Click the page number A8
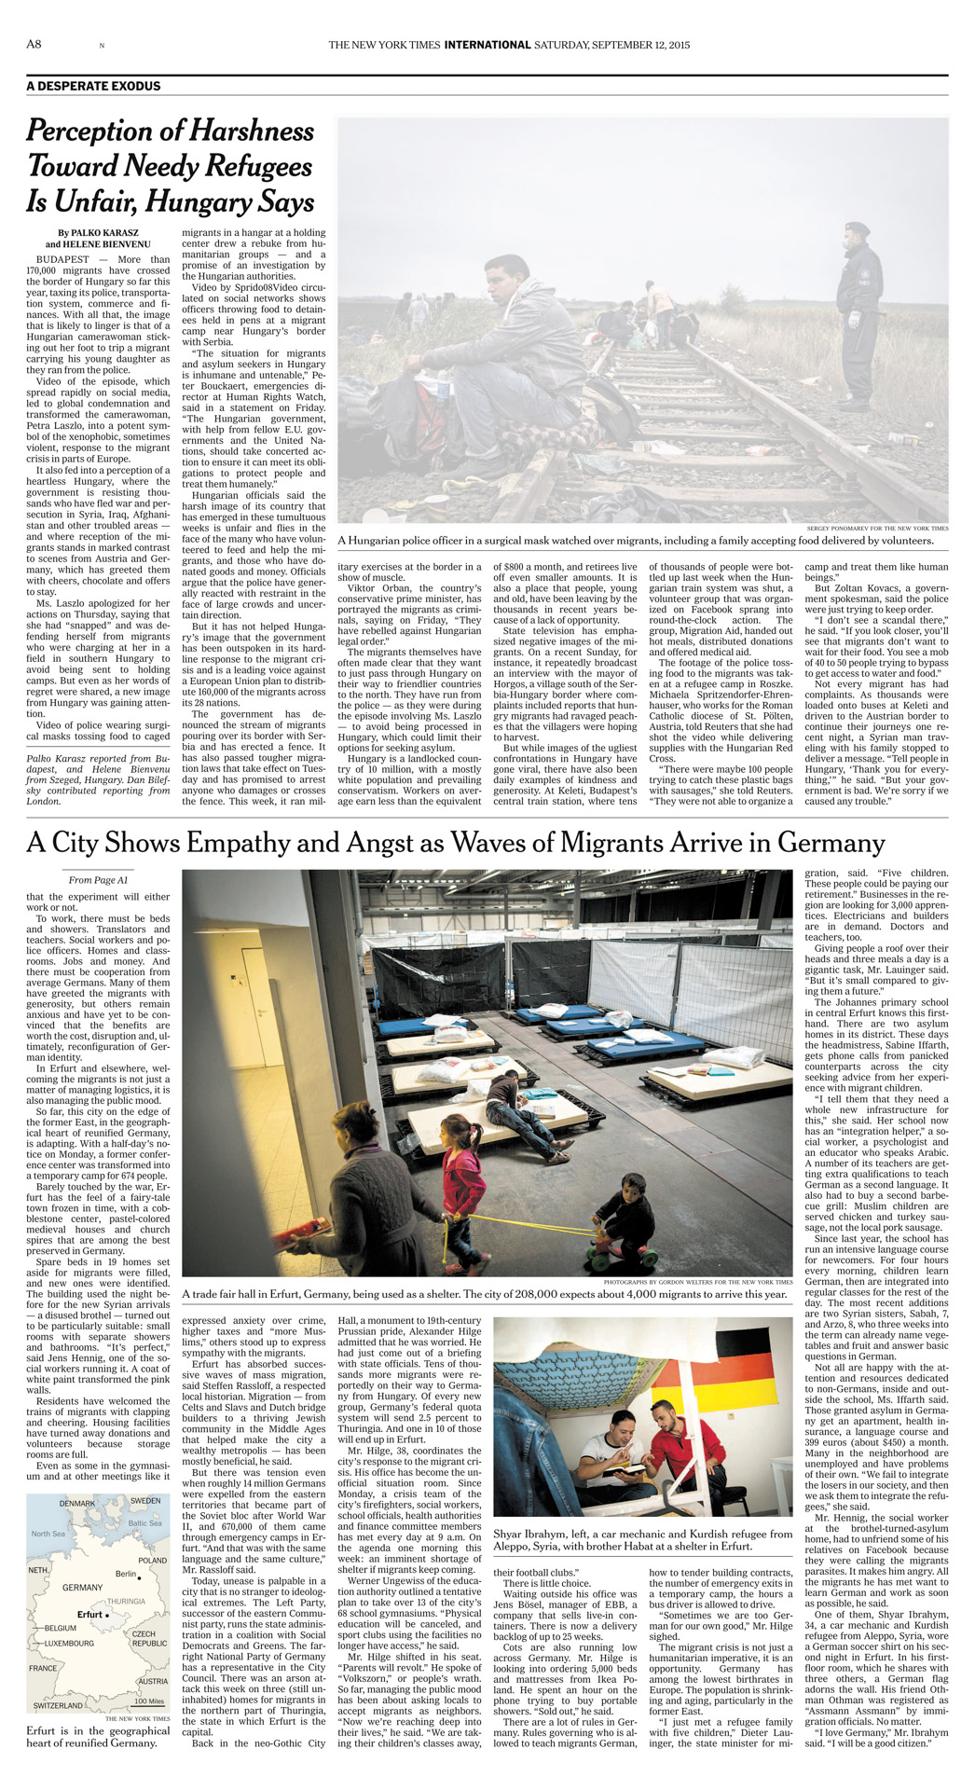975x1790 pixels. [x=34, y=44]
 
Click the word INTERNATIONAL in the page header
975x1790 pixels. [x=487, y=45]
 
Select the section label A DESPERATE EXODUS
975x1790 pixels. [x=93, y=86]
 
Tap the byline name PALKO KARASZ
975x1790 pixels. [x=103, y=233]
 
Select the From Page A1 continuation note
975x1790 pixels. [x=98, y=880]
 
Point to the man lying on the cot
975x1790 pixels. [x=522, y=1114]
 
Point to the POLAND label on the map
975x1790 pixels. [x=152, y=1560]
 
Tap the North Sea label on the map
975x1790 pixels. [x=48, y=1533]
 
